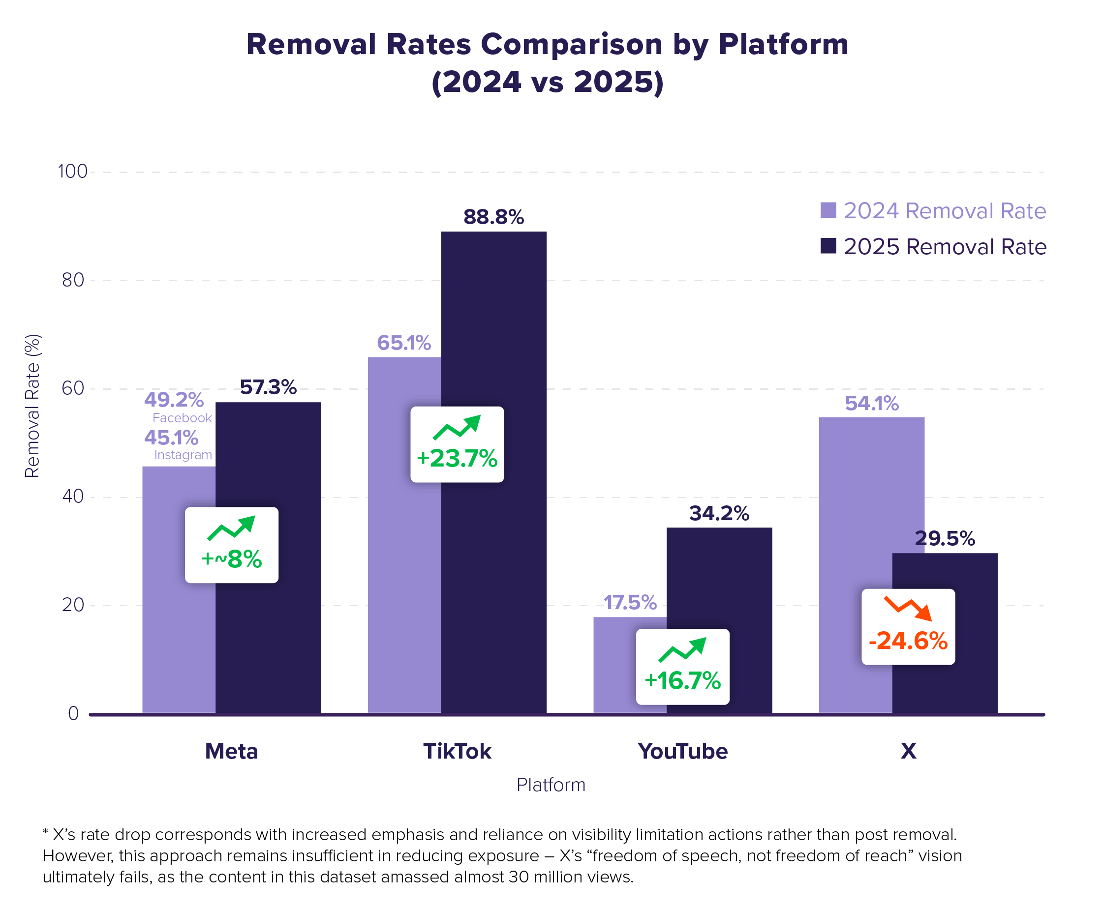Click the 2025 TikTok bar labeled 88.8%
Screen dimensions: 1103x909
tap(493, 472)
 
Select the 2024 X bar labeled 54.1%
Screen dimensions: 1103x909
tap(855, 565)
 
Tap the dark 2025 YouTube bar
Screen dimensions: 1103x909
tap(719, 620)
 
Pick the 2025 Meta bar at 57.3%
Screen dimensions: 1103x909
tap(268, 557)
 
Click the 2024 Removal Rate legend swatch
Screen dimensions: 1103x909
tap(828, 210)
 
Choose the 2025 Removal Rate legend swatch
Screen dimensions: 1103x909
tap(828, 246)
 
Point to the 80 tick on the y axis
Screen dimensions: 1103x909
tap(73, 280)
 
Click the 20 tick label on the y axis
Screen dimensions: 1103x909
tap(73, 605)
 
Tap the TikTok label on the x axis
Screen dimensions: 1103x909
tap(457, 751)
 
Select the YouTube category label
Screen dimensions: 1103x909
tap(683, 751)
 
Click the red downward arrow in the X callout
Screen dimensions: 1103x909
tap(908, 608)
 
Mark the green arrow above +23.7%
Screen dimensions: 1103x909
tap(457, 427)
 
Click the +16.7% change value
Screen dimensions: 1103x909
tap(683, 680)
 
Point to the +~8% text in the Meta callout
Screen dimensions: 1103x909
tap(232, 559)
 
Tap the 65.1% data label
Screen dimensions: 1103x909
tap(404, 343)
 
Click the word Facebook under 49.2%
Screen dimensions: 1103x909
tap(183, 418)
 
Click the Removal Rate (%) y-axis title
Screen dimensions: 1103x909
tap(32, 406)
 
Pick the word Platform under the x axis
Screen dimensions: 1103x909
tap(551, 785)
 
